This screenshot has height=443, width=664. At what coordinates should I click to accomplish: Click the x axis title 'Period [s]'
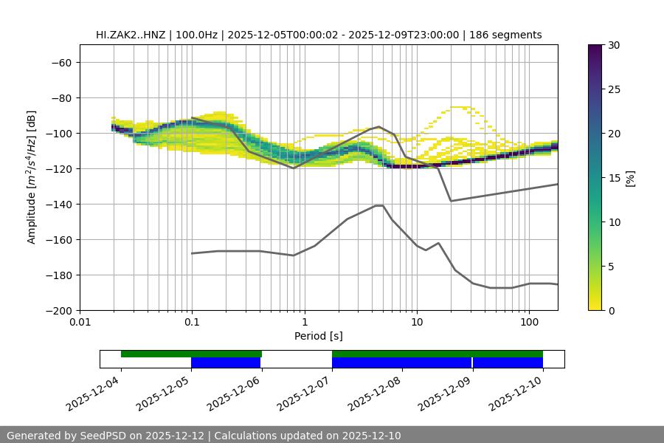coord(318,336)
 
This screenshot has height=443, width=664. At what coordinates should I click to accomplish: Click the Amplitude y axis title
coord(32,177)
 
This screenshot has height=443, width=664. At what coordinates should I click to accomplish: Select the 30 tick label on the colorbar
coord(614,45)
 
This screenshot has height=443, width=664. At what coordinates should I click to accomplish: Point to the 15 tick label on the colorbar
coord(614,178)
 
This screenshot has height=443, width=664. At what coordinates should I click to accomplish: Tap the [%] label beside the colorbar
coord(630,178)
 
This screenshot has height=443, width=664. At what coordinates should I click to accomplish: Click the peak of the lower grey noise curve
coord(379,205)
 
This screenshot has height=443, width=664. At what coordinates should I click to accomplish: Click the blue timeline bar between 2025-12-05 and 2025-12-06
coord(226,363)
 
